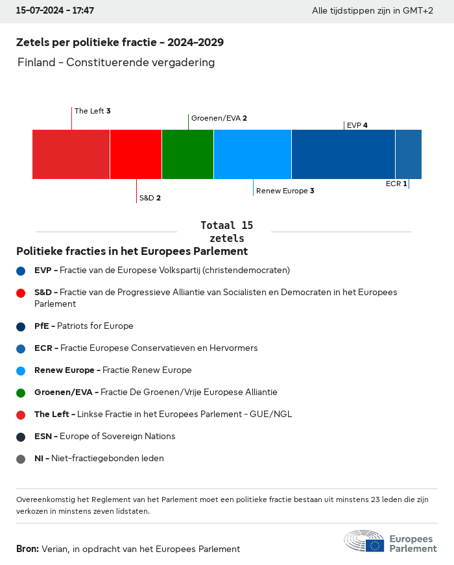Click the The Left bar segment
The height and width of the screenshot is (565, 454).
(x=71, y=154)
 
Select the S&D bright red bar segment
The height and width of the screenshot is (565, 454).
(x=136, y=154)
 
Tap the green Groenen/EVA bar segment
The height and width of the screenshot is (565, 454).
(x=187, y=154)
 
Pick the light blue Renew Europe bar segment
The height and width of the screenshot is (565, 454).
(x=252, y=154)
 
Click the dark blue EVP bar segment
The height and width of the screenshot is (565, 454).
(x=343, y=154)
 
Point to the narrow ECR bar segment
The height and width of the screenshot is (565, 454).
(x=409, y=154)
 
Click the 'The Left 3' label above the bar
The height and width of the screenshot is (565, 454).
(x=92, y=111)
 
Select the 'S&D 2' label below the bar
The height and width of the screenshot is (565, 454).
(x=150, y=198)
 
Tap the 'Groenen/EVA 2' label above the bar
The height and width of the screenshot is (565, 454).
(x=219, y=118)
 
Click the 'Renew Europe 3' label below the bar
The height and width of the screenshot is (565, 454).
(x=285, y=191)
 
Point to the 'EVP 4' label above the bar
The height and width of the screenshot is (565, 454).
(x=357, y=125)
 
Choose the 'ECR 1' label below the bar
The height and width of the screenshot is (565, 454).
(x=396, y=184)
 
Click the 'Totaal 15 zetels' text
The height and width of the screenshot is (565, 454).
(x=226, y=232)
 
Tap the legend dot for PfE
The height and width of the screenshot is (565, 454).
(x=21, y=326)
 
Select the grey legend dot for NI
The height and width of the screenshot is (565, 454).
(x=21, y=459)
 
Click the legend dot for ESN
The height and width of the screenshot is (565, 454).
(x=21, y=437)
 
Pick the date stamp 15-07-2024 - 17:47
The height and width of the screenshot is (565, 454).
(x=55, y=11)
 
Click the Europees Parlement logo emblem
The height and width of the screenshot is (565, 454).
(x=364, y=541)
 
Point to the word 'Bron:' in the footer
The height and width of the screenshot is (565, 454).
(x=27, y=549)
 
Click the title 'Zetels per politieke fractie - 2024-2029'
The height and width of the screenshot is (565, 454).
(x=120, y=42)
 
